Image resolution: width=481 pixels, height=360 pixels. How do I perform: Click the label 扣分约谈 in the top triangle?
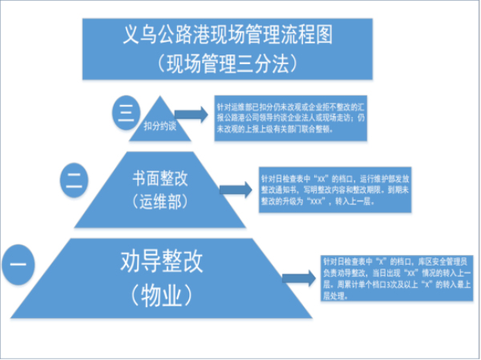point(160,126)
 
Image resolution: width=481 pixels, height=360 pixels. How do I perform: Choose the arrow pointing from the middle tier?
point(238,188)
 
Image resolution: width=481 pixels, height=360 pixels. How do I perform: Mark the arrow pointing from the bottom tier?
point(299,277)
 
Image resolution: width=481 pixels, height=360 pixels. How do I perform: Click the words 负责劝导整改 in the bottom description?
point(342,272)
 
